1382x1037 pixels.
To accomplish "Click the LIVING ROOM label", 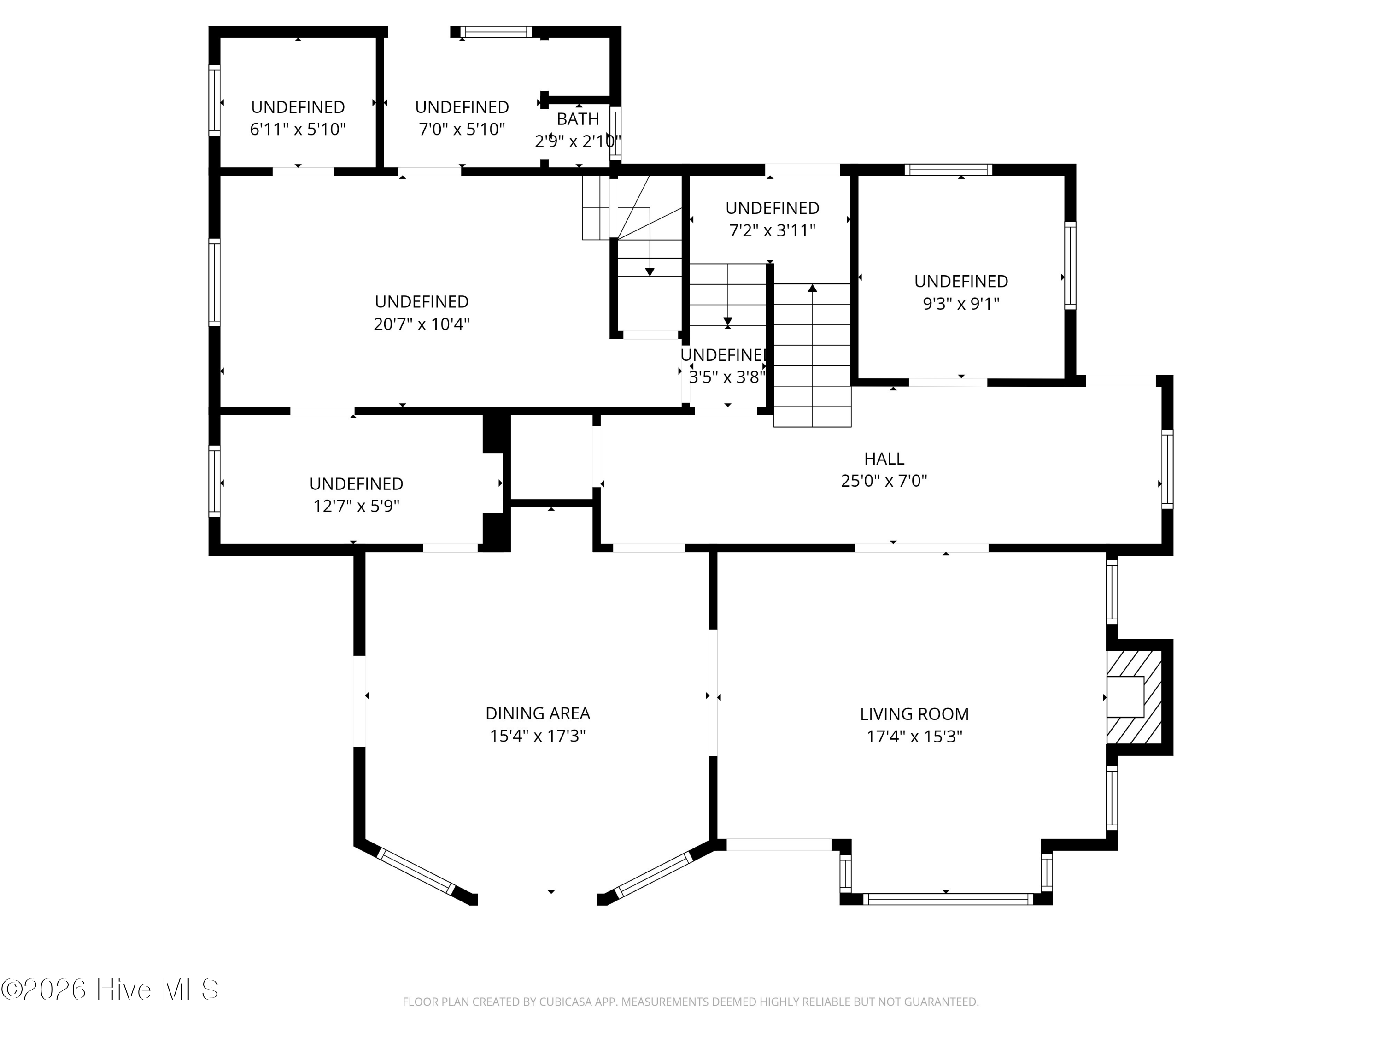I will pyautogui.click(x=914, y=714).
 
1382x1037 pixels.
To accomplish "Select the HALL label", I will pyautogui.click(x=884, y=458).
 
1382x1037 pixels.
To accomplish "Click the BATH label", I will pyautogui.click(x=578, y=119).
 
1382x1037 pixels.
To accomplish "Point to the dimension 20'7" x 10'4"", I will pyautogui.click(x=421, y=324).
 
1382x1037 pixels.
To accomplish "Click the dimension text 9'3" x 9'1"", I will pyautogui.click(x=961, y=304).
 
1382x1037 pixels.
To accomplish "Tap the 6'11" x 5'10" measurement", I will pyautogui.click(x=298, y=130).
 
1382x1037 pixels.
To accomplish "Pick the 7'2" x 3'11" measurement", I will pyautogui.click(x=772, y=230).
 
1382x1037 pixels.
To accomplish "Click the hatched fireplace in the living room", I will pyautogui.click(x=1134, y=697).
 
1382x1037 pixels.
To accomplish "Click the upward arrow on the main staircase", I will pyautogui.click(x=812, y=289).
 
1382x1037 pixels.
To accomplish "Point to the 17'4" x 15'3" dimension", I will pyautogui.click(x=914, y=737).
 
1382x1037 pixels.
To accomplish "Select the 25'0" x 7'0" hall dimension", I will pyautogui.click(x=884, y=481).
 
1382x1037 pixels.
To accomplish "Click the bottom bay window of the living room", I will pyautogui.click(x=947, y=899).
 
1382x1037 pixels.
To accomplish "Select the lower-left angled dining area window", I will pyautogui.click(x=416, y=871).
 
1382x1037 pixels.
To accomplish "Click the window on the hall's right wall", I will pyautogui.click(x=1166, y=469).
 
